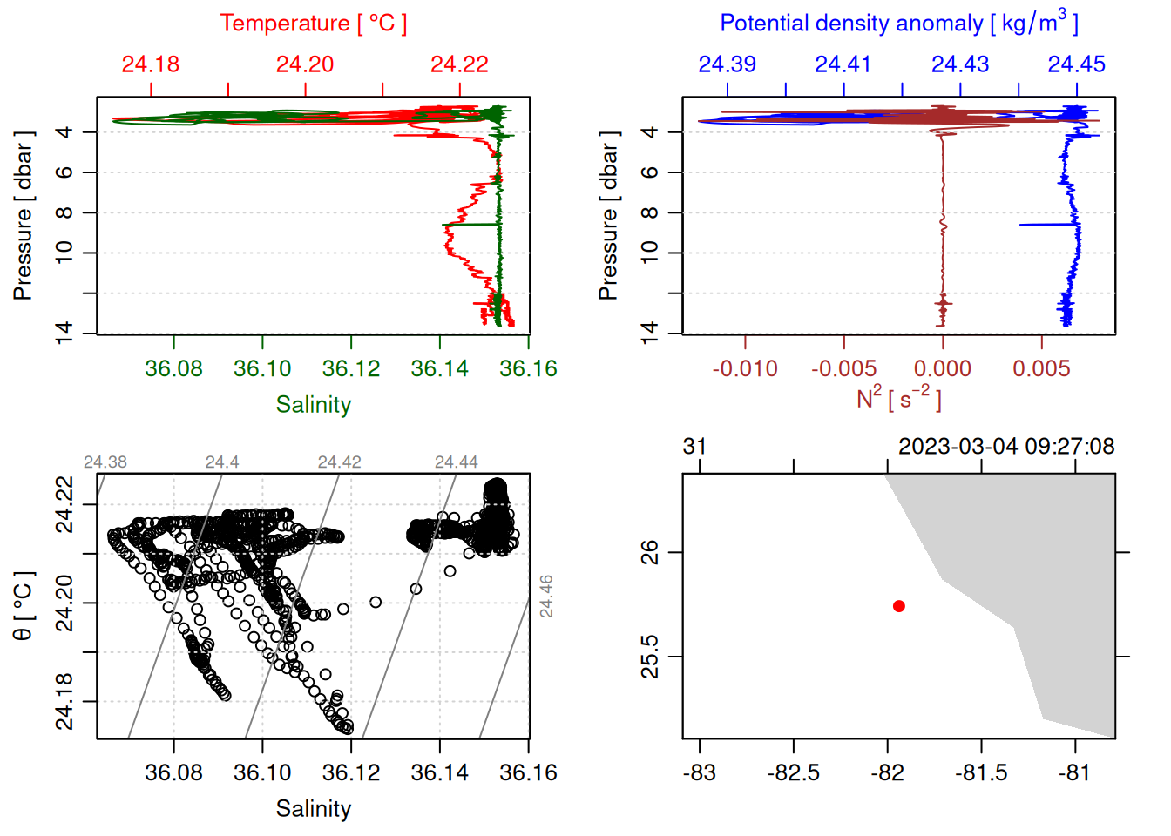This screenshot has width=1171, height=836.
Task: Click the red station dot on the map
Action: click(x=898, y=606)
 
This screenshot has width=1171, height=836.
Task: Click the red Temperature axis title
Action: click(x=313, y=24)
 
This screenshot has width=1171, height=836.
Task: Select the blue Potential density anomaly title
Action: click(x=898, y=24)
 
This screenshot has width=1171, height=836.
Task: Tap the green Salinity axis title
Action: click(x=313, y=405)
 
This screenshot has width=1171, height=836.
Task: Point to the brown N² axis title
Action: click(x=898, y=399)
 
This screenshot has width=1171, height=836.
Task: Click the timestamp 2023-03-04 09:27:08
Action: click(x=1006, y=447)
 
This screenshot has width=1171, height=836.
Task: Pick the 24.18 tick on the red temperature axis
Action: click(x=151, y=64)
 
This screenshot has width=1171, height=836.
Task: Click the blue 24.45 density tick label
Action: click(x=1076, y=64)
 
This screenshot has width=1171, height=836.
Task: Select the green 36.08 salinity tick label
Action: click(x=173, y=368)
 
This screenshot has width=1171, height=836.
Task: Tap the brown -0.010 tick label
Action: click(x=745, y=368)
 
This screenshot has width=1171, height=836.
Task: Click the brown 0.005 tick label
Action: click(x=1041, y=368)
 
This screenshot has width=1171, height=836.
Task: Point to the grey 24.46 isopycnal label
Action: click(x=546, y=597)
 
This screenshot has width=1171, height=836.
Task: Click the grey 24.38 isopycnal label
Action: click(x=105, y=462)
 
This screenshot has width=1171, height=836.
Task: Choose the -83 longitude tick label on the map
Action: click(x=699, y=772)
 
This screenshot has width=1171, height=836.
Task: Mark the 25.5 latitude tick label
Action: click(x=650, y=657)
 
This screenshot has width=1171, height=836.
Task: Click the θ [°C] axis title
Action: click(x=24, y=606)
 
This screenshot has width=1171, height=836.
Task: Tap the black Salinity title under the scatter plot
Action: click(x=313, y=809)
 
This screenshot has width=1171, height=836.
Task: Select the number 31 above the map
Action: click(x=694, y=447)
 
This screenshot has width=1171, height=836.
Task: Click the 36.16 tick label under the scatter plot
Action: click(x=528, y=772)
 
